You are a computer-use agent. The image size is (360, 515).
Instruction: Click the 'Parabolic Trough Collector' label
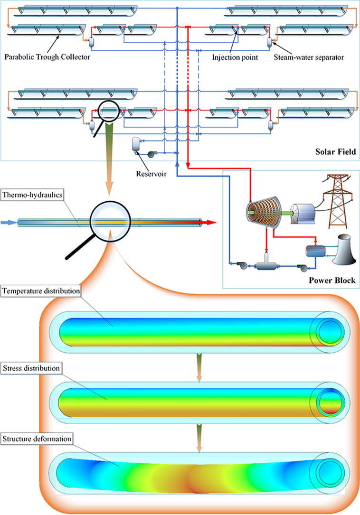click(x=47, y=57)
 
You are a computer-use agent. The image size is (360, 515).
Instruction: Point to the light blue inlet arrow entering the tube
click(x=9, y=222)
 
